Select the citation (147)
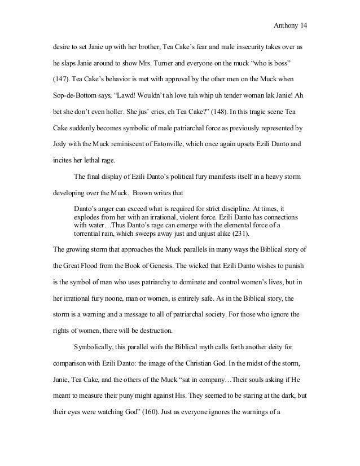pos(60,74)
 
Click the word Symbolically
pos(96,340)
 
